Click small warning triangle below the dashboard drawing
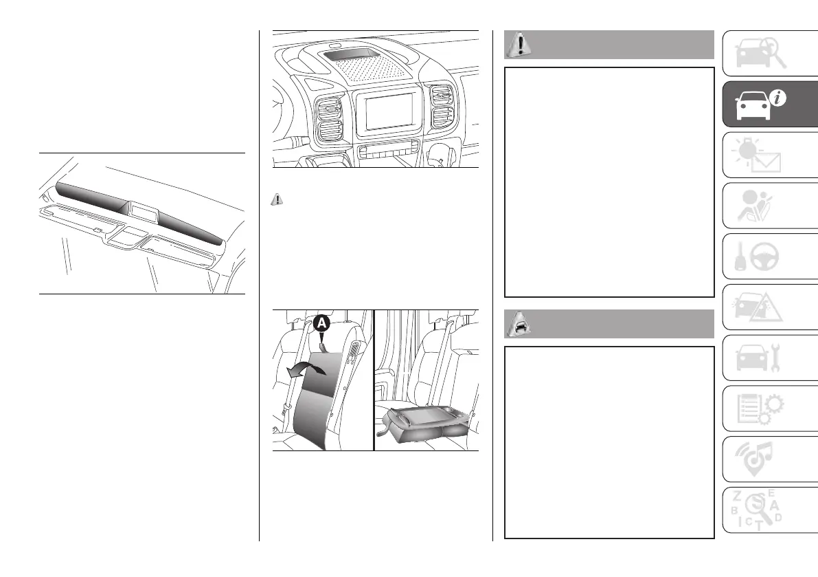(277, 199)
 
